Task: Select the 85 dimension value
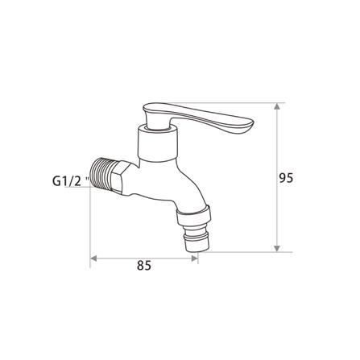[x=143, y=264]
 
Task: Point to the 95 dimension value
[x=286, y=178]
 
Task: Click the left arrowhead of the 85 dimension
[x=93, y=259]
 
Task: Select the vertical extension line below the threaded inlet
[x=89, y=226]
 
